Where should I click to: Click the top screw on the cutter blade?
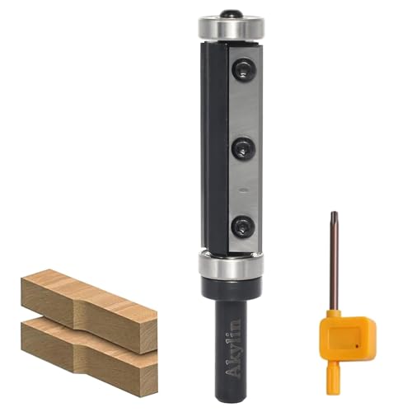coord(244,69)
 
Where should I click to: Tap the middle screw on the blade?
coord(244,149)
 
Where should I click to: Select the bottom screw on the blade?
coord(243,226)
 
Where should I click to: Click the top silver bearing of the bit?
coord(232,29)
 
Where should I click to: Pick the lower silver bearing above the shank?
coord(231,265)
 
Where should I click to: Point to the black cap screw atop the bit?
coord(231,14)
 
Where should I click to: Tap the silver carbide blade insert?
coord(245,148)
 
